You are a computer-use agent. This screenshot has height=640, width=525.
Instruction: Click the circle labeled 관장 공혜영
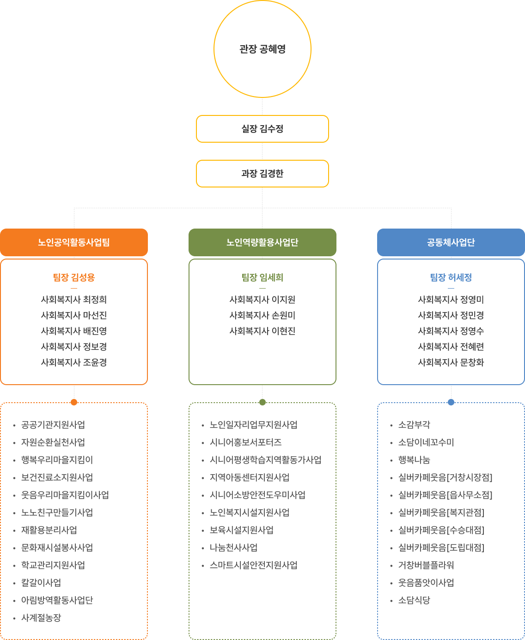point(262,49)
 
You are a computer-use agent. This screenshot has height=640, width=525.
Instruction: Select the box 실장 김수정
point(262,129)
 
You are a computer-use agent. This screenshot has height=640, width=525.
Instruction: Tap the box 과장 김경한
point(262,174)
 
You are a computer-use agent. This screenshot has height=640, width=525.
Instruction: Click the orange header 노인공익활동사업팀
point(74,242)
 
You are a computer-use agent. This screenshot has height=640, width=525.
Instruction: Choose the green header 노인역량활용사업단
point(262,242)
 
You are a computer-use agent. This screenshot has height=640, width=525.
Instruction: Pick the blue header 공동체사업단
point(451,242)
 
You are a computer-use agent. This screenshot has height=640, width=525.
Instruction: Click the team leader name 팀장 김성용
point(74,278)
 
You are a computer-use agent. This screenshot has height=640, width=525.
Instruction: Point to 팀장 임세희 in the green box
point(262,278)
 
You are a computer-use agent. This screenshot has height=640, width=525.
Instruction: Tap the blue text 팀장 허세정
point(451,278)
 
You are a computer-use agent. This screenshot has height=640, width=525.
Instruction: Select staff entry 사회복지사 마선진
point(74,315)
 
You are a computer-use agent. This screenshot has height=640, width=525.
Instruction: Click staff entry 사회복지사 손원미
point(262,315)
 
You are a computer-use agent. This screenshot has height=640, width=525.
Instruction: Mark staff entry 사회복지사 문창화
point(451,362)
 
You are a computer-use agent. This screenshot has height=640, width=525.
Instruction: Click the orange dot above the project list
point(74,402)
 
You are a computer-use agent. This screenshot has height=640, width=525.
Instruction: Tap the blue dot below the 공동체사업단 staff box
point(451,402)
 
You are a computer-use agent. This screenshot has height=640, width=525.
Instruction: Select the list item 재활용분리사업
point(49,530)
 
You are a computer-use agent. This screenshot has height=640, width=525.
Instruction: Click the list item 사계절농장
point(41,618)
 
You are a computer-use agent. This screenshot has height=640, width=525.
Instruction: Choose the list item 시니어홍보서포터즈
point(246,442)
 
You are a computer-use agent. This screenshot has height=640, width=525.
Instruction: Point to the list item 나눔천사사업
point(234,548)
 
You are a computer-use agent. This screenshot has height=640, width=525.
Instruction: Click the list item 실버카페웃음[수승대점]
point(441,530)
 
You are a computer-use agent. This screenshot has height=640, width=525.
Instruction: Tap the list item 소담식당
point(414,600)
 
